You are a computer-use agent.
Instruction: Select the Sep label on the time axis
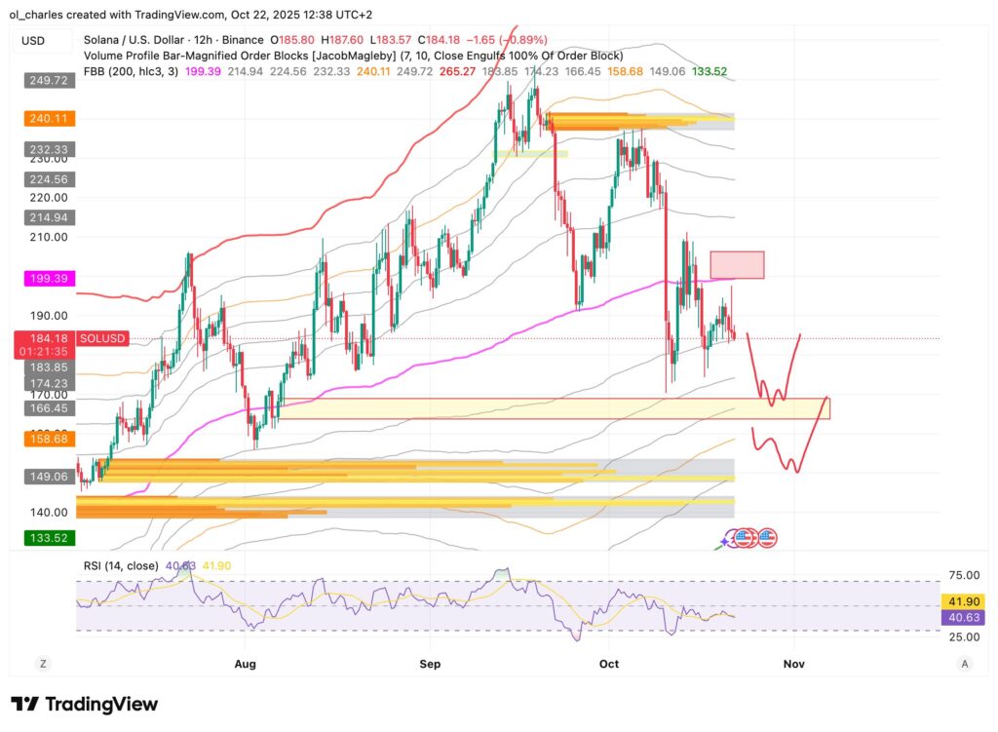tap(431, 664)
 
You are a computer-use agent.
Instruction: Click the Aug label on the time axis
tap(245, 664)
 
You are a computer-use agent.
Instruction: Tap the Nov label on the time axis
tap(794, 664)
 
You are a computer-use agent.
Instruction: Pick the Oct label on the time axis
tap(610, 664)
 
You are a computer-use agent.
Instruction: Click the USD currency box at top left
tap(43, 41)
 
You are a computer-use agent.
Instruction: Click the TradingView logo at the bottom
tap(85, 704)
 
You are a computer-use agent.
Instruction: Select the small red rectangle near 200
tap(737, 265)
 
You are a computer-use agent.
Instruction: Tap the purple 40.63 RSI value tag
tap(960, 617)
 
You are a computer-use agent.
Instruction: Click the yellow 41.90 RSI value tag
tap(960, 602)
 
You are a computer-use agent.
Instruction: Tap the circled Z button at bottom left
tap(43, 664)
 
